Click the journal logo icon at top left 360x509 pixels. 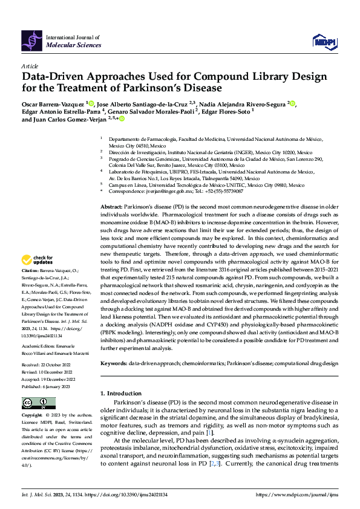click(32, 41)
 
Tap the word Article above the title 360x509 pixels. click(29, 66)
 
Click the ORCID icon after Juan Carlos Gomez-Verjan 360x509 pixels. click(121, 119)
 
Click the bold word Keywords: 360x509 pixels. click(113, 363)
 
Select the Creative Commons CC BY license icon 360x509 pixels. click(35, 403)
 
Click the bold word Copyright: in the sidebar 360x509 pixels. click(32, 415)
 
